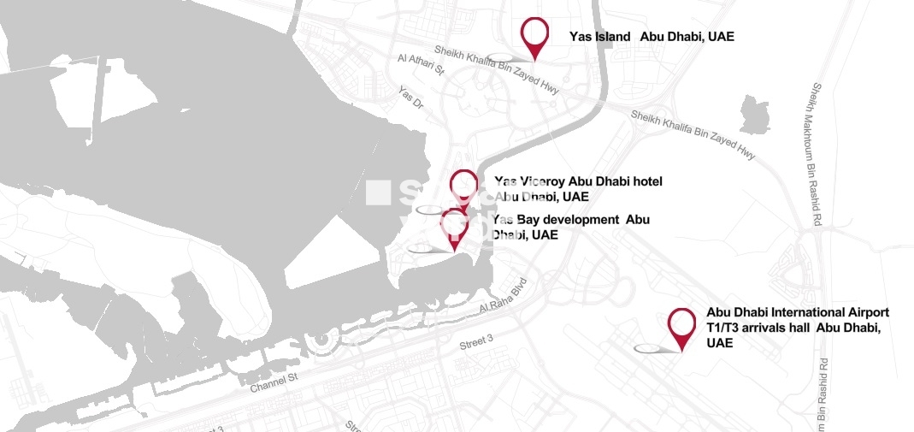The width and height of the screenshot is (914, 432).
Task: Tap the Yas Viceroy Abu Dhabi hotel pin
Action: point(463,185)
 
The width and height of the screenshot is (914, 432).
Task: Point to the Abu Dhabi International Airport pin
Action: point(681,324)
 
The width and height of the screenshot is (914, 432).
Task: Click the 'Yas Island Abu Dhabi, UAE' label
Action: point(652,37)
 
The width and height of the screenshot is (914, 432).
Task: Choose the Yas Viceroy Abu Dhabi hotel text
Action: point(578,188)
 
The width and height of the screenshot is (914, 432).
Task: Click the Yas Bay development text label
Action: point(569,227)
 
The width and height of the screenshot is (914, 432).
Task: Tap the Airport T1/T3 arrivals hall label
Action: point(797,328)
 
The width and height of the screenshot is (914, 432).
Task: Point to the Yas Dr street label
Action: point(410,96)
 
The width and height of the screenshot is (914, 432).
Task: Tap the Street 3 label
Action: point(476,342)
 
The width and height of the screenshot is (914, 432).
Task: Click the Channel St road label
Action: point(273,382)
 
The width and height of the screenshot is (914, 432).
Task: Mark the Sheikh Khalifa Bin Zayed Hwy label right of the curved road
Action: point(693,135)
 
